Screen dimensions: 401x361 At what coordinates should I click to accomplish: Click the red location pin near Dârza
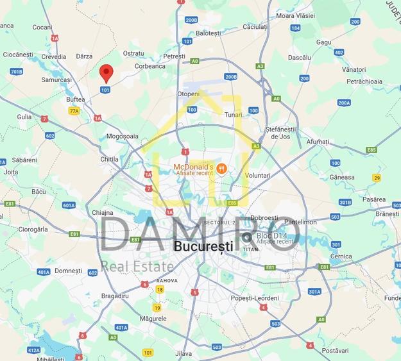point(107,72)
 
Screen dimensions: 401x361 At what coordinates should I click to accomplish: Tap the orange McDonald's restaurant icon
point(221,169)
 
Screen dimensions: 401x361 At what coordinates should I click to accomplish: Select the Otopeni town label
point(188,94)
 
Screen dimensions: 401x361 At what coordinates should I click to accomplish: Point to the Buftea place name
point(76,99)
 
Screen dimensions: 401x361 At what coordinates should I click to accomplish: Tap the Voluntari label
point(257,175)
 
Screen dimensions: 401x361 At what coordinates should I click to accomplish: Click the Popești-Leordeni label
point(255,298)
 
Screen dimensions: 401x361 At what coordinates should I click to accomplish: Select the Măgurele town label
point(153,319)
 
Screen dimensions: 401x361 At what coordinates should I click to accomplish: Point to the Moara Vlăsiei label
point(295,15)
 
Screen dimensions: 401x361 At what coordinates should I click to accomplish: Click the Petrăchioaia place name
point(364,81)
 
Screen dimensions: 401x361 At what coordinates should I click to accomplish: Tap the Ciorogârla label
point(33,229)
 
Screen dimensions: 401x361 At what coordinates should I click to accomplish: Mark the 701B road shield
point(16,71)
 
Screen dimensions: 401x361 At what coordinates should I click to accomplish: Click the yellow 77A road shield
point(74,111)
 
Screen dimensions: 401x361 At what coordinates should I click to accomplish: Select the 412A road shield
point(33,350)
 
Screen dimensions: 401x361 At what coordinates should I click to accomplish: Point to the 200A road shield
point(344,103)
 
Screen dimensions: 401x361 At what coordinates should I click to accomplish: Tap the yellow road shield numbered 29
point(377,178)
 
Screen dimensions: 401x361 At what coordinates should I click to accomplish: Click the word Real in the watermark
point(116,266)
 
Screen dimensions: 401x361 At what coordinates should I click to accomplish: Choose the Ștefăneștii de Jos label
point(283,133)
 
